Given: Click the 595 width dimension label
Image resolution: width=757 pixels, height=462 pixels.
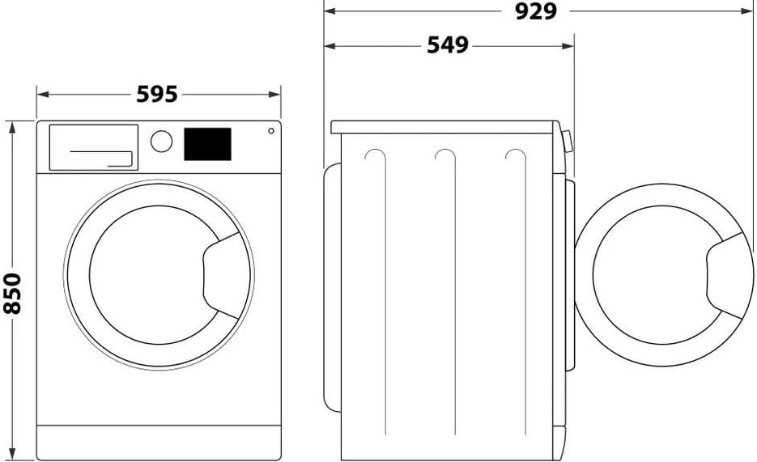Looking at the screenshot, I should (x=157, y=95).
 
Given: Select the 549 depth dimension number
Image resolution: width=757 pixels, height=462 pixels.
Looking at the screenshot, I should (x=448, y=46).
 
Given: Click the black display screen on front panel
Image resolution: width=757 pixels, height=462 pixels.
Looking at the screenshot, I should (x=208, y=144).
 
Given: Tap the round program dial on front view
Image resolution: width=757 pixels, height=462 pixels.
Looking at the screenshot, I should (x=162, y=141).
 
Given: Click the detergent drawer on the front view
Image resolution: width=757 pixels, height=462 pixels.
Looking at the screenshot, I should (x=93, y=147).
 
